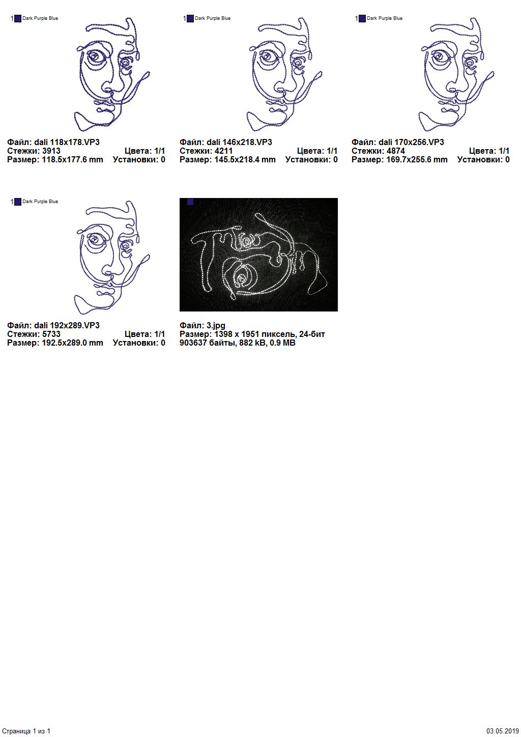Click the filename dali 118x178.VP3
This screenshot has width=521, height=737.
point(67,142)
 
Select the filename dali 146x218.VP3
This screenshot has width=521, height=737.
point(239,142)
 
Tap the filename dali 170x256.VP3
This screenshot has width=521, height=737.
point(411,142)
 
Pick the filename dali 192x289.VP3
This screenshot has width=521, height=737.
point(67,325)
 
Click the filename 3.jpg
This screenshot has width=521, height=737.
point(216,326)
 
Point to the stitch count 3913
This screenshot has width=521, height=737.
point(51,151)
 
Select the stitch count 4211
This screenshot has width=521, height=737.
point(224,151)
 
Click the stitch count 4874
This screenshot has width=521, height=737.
point(396,151)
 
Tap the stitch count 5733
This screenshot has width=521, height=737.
point(51,334)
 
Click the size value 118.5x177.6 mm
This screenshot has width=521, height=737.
point(72,160)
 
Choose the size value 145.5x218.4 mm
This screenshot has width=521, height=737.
point(245,160)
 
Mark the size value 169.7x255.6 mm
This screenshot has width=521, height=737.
point(417,160)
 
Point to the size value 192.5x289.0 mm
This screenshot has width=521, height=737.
point(72,343)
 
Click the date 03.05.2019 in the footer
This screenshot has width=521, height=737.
point(503,731)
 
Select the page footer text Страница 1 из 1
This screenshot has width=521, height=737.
point(26,731)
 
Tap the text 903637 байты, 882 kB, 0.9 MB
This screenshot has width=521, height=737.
point(238,343)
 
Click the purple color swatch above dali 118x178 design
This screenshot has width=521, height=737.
point(18,18)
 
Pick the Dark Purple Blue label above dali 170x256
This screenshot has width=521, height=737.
point(385,18)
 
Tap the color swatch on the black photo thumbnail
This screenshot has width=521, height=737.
point(190,202)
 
